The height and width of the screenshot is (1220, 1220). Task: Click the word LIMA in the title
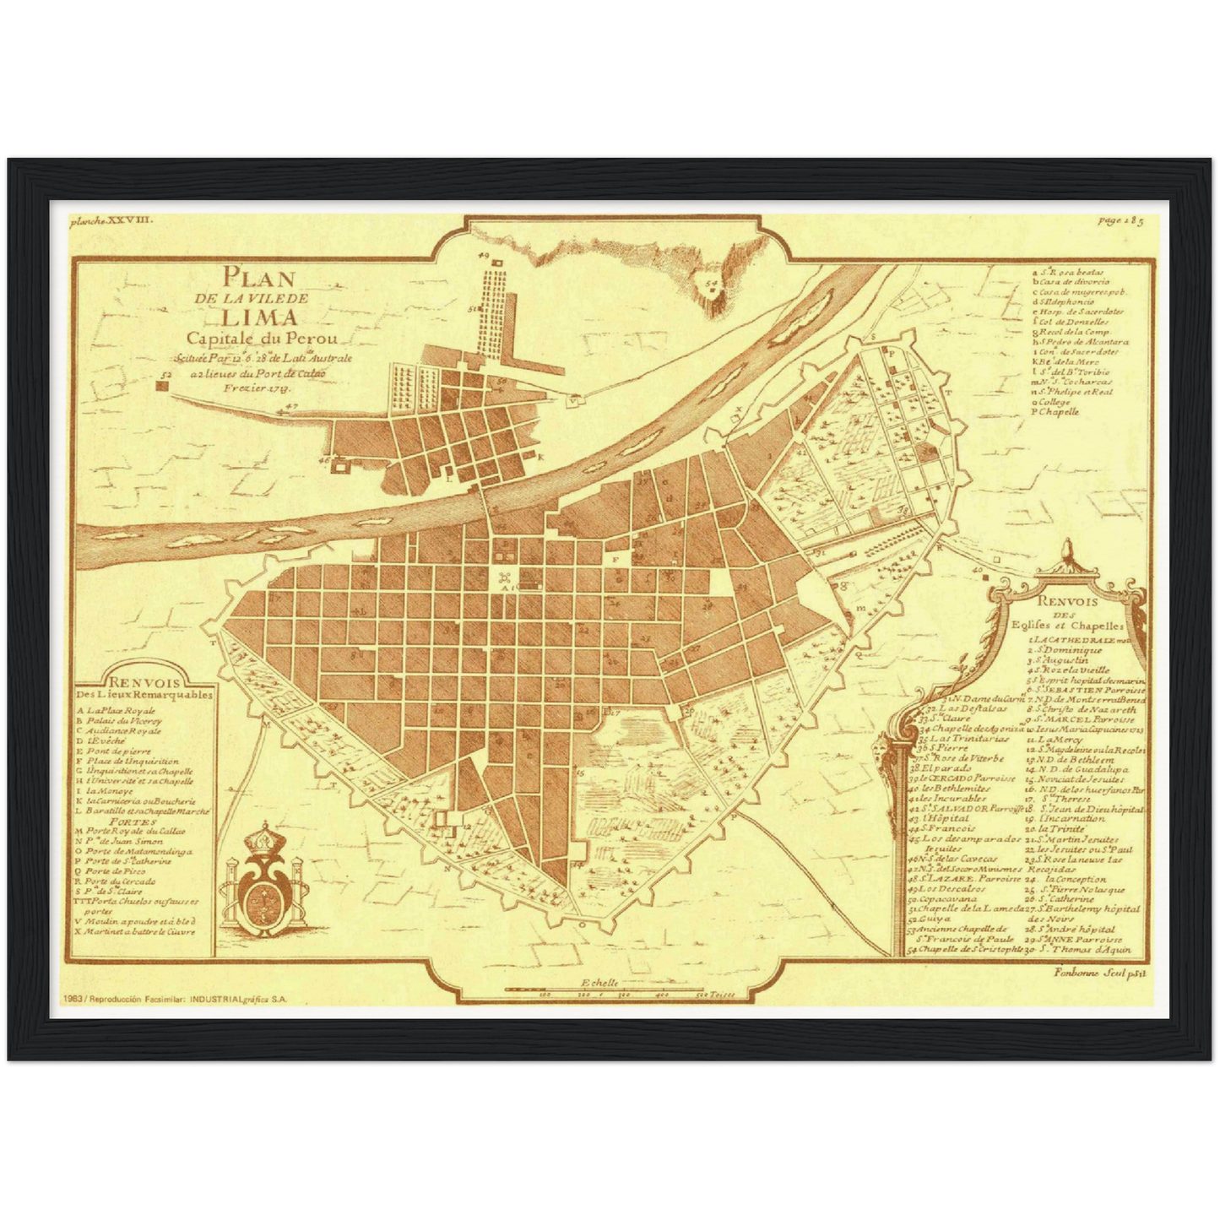pyautogui.click(x=259, y=318)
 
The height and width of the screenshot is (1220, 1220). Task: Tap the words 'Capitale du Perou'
pyautogui.click(x=262, y=339)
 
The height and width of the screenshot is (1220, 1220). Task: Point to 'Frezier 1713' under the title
pyautogui.click(x=258, y=389)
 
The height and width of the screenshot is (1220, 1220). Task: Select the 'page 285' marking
pyautogui.click(x=1120, y=221)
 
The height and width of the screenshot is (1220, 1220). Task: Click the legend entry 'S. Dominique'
pyautogui.click(x=1065, y=651)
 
